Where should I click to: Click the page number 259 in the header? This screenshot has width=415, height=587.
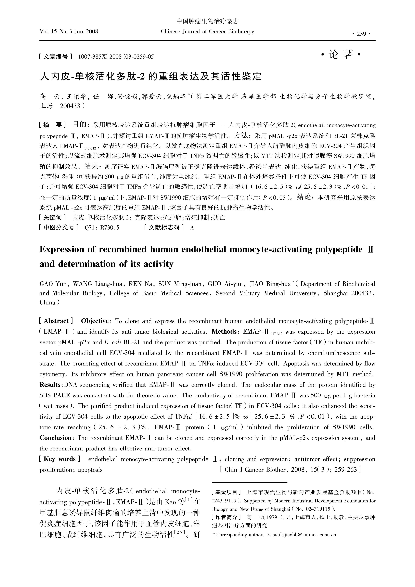pos(361,34)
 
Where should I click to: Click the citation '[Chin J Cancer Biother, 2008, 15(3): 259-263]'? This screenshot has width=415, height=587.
pos(290,470)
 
